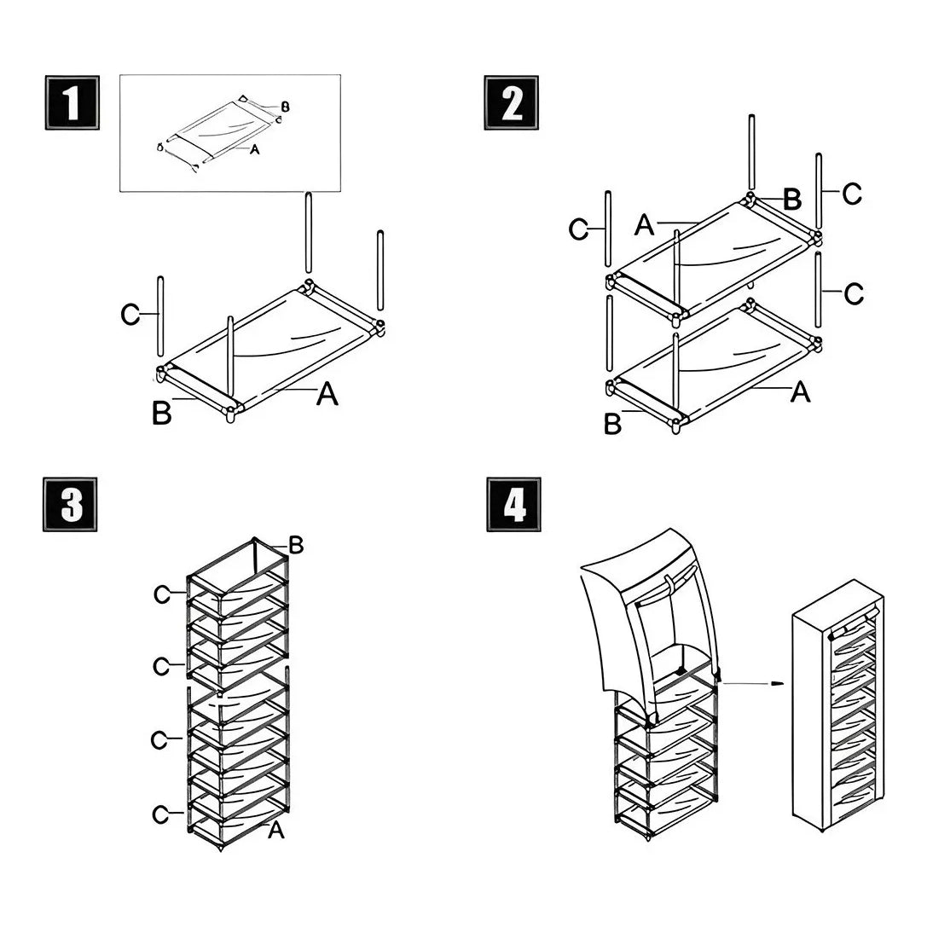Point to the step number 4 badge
[513, 505]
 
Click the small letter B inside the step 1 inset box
[286, 107]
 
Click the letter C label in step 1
[130, 315]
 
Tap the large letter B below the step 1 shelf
[161, 414]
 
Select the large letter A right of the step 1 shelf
[327, 394]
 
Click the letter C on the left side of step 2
[580, 230]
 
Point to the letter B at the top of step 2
[791, 200]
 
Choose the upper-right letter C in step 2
[851, 194]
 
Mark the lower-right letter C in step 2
[853, 294]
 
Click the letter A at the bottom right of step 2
[800, 391]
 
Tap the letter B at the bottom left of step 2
[612, 424]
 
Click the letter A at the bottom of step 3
[276, 830]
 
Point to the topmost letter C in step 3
[162, 595]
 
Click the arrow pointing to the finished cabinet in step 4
[750, 683]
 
